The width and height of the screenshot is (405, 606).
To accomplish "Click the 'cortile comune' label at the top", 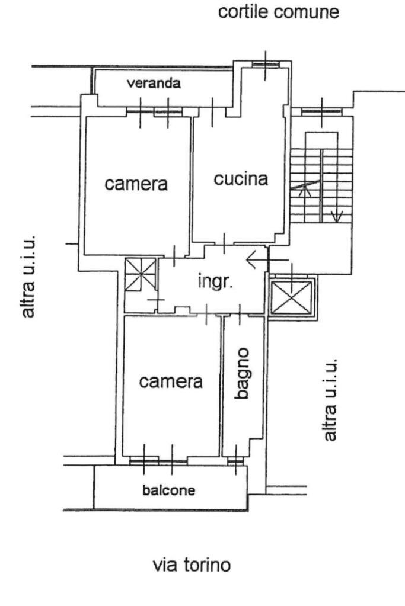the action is tap(279, 12).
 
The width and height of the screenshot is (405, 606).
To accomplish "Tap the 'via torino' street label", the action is tap(192, 565).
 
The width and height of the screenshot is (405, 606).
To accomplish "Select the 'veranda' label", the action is tap(154, 83).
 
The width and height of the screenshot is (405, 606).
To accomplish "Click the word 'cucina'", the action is tap(241, 179).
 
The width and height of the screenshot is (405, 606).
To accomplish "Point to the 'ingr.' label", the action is tap(215, 281).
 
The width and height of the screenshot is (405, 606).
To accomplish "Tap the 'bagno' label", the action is tap(243, 373).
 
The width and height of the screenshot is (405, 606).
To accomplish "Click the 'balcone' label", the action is tap(168, 490).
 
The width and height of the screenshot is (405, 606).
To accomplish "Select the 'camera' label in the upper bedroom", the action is tap(136, 184).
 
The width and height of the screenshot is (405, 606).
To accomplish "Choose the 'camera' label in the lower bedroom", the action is tap(171, 382).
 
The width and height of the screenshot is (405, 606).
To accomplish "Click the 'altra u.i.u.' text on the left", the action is tap(28, 276).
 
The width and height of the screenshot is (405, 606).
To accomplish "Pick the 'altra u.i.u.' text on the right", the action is tap(330, 400).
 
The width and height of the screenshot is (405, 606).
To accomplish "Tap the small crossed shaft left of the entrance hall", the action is tap(141, 274).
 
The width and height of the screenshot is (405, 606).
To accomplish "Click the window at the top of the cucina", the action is tap(266, 64).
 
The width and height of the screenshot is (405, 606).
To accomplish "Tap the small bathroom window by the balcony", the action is tap(235, 461).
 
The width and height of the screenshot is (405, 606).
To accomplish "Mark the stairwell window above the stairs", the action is tap(321, 112).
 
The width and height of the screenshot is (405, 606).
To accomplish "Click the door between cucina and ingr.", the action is tap(224, 244).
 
